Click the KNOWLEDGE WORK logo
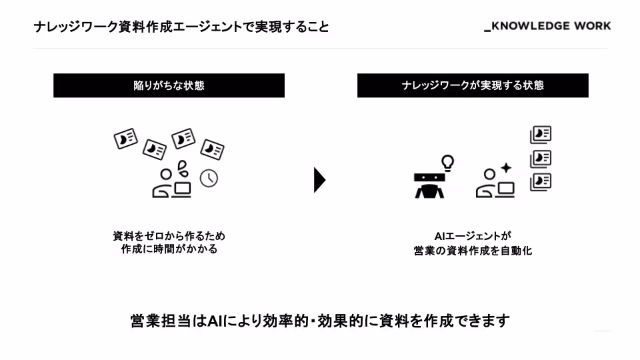(547, 27)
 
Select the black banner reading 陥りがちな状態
(169, 85)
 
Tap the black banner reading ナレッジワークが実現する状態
(473, 85)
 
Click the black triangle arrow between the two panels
(319, 180)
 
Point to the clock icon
(209, 178)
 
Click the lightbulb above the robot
(448, 162)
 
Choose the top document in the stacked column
(541, 135)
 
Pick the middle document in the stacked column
(541, 159)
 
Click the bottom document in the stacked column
(541, 182)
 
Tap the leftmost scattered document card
(125, 138)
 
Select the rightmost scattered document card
(213, 149)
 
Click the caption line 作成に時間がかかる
(169, 249)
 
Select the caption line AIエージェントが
(473, 236)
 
